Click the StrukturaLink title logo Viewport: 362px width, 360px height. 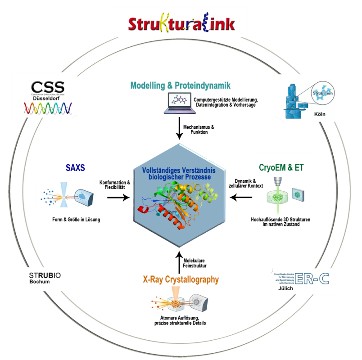[181, 23]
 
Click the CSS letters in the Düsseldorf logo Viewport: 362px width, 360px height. [47, 87]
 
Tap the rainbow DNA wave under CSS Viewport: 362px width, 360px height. [47, 107]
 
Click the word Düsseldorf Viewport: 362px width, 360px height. [47, 97]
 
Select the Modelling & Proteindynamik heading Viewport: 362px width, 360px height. [180, 85]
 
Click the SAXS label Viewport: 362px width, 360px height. [75, 167]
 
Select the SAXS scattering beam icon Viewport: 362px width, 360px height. [66, 195]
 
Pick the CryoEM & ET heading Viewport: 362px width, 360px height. [281, 167]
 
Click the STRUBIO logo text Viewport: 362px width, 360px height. [41, 275]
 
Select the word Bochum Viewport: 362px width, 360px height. [39, 282]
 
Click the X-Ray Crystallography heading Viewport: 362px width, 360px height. [181, 279]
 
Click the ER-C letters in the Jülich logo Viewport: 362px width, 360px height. [312, 279]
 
